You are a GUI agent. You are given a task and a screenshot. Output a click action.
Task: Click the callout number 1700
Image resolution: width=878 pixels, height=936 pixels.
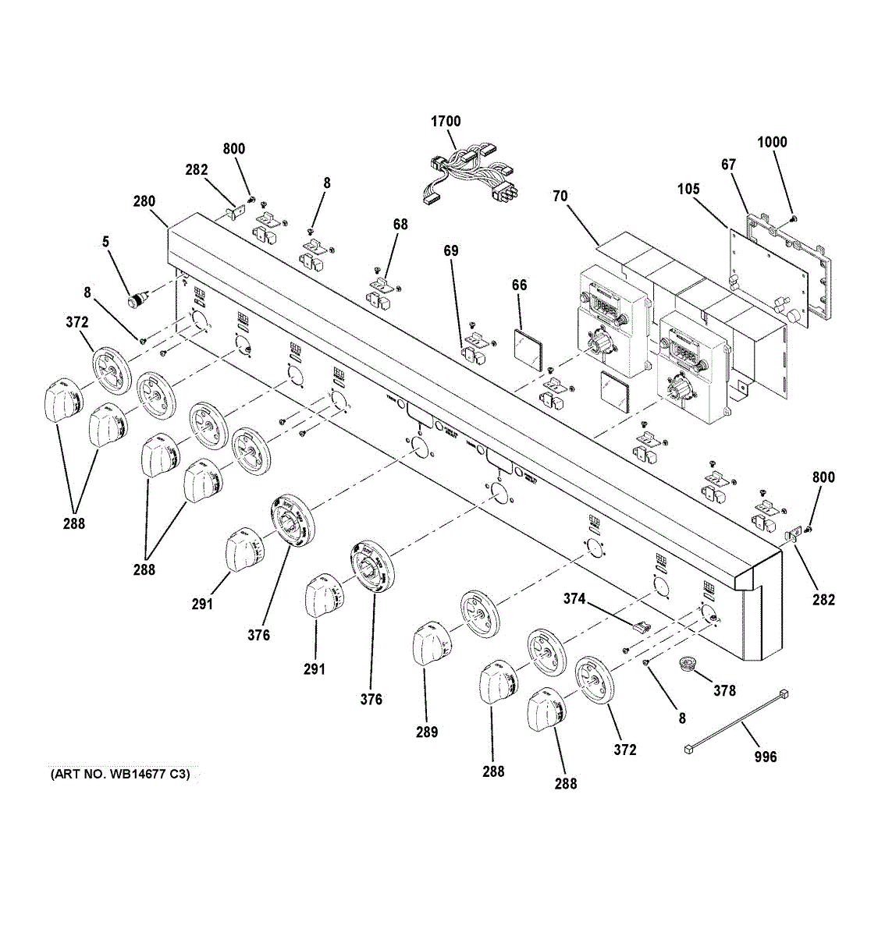click(446, 122)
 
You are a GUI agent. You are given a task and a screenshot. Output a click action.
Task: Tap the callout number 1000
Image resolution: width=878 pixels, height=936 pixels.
click(772, 142)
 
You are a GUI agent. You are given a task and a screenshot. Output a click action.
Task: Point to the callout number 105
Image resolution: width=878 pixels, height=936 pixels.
click(688, 190)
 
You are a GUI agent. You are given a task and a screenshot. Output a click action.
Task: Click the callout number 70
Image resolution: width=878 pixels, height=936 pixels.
click(560, 196)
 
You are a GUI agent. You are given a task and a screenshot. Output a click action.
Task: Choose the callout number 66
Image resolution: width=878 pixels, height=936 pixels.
click(519, 285)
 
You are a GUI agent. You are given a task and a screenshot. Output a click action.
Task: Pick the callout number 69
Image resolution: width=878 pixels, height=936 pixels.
click(451, 251)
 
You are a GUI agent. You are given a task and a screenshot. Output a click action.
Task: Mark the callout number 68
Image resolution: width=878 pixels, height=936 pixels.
click(400, 225)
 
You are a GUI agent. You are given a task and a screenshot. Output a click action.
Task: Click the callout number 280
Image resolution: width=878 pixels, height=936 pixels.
click(144, 201)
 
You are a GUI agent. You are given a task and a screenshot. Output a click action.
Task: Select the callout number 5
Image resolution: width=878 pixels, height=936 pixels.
click(105, 243)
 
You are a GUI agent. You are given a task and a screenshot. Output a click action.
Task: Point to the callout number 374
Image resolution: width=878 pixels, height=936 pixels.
click(574, 598)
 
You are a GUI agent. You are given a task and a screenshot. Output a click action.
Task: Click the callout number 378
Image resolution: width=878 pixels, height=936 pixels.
click(724, 690)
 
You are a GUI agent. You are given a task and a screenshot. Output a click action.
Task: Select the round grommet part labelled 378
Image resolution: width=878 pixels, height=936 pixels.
click(688, 664)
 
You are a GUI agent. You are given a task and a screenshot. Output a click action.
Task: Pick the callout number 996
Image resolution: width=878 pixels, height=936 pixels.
click(766, 757)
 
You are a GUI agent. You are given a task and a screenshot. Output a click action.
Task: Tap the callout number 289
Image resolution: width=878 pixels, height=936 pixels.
click(427, 732)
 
